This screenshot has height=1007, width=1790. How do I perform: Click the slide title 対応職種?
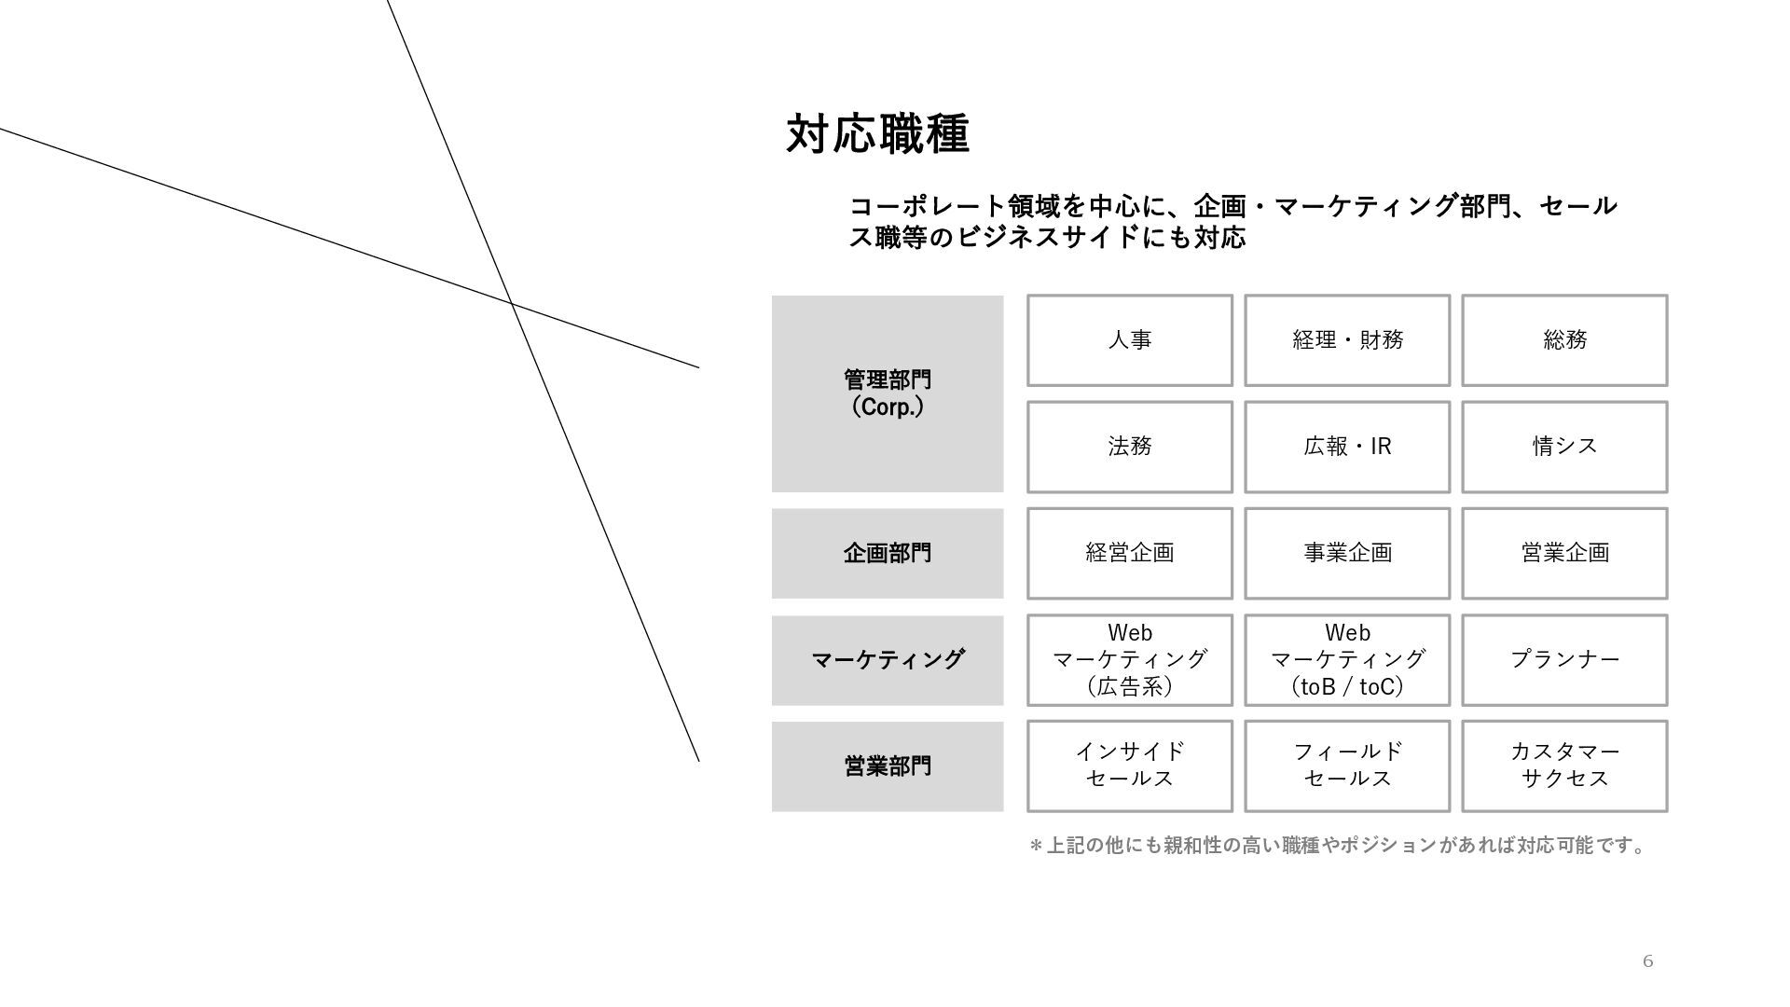(x=877, y=134)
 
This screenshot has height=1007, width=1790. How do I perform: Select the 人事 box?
(x=1129, y=340)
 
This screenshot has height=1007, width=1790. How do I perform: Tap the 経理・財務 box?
(x=1346, y=340)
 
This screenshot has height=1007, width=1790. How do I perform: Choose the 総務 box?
(x=1563, y=340)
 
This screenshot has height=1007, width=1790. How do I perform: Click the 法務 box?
(x=1129, y=447)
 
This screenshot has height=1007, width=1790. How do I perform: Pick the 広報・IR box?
(x=1346, y=447)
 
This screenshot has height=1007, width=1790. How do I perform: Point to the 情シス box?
(x=1563, y=447)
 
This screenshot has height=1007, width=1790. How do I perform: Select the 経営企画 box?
(x=1129, y=553)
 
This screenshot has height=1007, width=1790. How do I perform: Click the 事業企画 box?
(x=1346, y=553)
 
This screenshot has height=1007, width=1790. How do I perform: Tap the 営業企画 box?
(x=1563, y=553)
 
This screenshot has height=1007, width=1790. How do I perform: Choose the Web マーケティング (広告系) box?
(x=1129, y=659)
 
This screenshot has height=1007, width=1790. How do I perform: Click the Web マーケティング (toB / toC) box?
(x=1346, y=659)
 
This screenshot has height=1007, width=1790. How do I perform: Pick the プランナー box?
(x=1563, y=659)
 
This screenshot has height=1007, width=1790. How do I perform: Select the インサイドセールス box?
(x=1129, y=766)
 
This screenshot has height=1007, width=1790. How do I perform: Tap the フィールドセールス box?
(x=1346, y=766)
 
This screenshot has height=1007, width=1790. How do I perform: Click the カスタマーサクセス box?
(x=1563, y=766)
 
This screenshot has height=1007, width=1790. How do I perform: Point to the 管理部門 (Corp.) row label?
(x=887, y=393)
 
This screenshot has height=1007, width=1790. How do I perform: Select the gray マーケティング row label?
(x=887, y=660)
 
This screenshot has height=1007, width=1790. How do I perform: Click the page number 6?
(x=1647, y=961)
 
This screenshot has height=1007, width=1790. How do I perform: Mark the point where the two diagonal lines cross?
(x=511, y=303)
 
